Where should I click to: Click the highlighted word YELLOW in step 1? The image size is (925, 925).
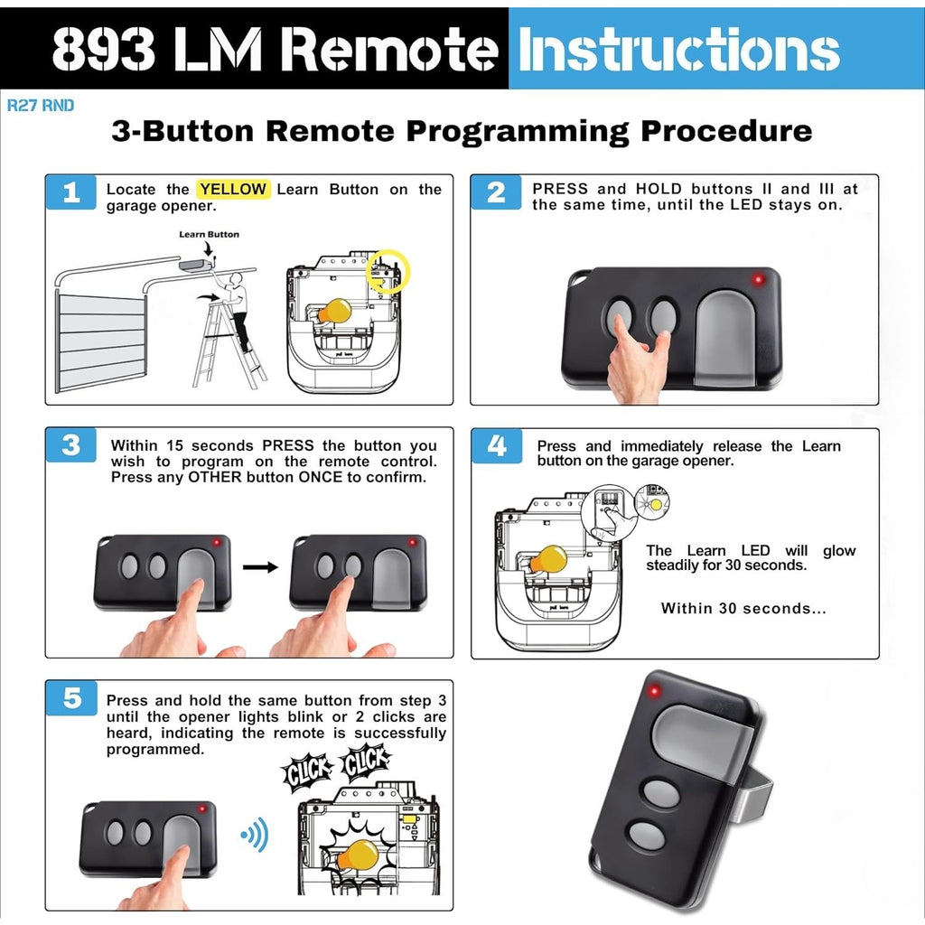233,190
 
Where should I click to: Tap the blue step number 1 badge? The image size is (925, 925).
71,192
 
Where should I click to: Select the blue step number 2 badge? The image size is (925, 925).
496,192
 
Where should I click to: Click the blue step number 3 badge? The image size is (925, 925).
71,446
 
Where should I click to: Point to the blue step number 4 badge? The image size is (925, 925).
497,446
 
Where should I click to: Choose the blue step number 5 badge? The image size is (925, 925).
71,699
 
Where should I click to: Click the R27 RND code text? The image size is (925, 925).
41,106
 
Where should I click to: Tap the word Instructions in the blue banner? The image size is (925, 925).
677,51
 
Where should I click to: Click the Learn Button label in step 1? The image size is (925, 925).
209,234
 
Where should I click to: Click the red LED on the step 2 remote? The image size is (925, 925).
758,279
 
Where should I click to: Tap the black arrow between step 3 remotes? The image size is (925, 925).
260,568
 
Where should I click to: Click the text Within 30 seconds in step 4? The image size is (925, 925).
743,608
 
